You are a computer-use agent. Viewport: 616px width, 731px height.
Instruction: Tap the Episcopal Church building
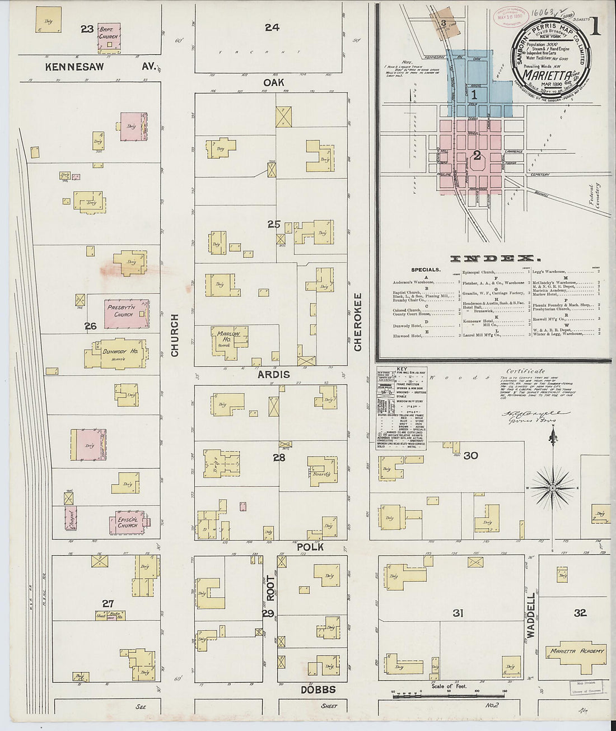coord(128,522)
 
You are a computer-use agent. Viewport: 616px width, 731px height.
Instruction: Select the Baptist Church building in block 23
coord(109,34)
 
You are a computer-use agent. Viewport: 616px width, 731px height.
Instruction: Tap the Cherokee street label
coord(358,322)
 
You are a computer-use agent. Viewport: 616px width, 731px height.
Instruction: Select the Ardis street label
coord(273,374)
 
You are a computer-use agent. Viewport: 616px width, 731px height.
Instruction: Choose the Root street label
coord(270,588)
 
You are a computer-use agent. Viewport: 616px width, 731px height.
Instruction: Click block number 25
coord(273,224)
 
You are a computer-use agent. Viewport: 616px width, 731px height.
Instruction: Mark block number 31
coord(458,613)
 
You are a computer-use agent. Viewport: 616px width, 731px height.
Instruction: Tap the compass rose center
coord(553,488)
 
